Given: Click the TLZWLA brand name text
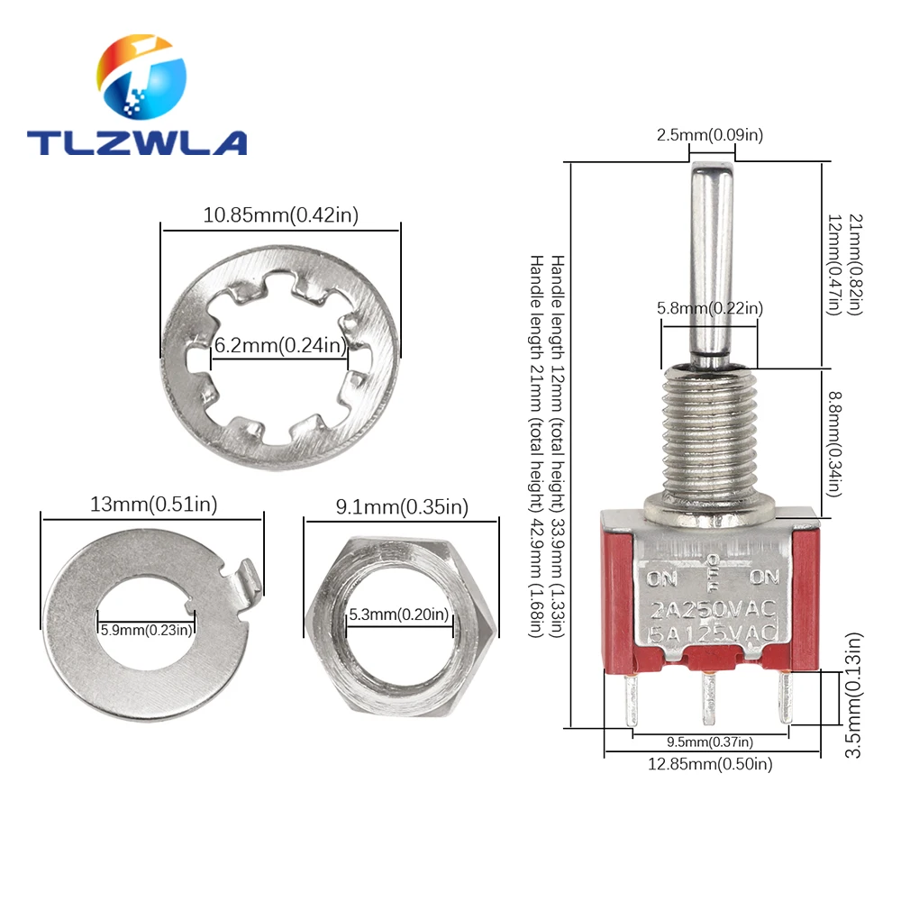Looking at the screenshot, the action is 137,142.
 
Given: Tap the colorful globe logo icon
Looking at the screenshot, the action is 141,77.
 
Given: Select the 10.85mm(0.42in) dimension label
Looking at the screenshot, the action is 280,215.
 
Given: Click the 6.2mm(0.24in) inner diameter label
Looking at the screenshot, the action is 280,345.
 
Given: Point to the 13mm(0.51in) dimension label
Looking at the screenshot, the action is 153,505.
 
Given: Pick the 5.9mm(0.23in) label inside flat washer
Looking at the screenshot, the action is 146,630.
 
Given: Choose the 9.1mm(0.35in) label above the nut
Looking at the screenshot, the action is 402,506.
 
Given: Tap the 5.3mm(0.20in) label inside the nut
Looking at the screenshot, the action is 399,614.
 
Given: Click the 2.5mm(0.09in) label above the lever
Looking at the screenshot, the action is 710,135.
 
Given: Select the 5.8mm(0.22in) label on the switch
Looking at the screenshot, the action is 710,308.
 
